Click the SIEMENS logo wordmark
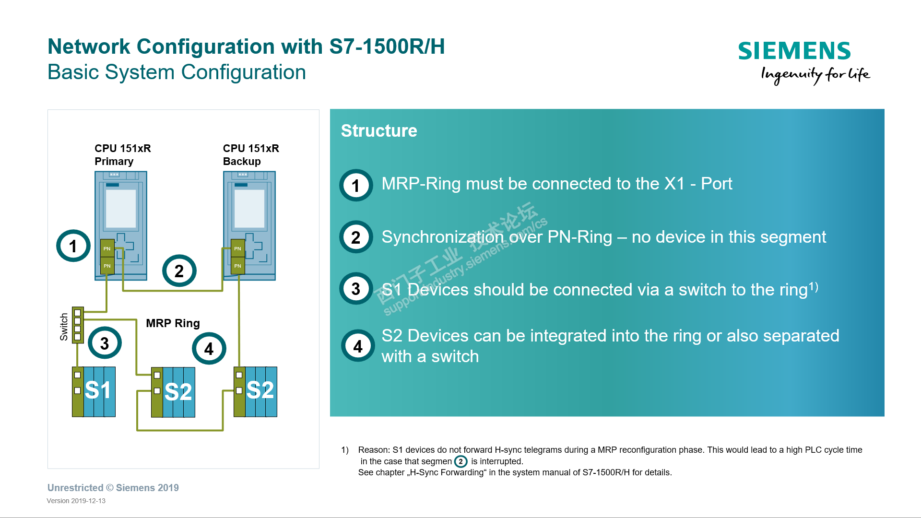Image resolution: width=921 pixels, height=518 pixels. pos(794,51)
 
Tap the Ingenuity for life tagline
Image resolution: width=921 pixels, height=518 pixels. pos(815,74)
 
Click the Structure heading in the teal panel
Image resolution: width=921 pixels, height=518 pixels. pos(378,130)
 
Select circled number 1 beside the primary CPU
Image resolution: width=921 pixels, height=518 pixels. pos(73,246)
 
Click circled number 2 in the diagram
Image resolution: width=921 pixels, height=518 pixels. pos(179,271)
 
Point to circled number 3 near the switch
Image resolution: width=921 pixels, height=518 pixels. pos(105,343)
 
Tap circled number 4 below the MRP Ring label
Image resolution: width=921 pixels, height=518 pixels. pos(209,349)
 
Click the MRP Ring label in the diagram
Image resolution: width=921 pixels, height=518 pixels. pos(173,323)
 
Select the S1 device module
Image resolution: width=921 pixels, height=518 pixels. pos(94,391)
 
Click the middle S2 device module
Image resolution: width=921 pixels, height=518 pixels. pos(173,392)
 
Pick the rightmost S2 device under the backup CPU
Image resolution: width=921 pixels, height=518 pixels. pos(255,391)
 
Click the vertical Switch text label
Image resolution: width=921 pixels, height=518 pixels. pos(64,327)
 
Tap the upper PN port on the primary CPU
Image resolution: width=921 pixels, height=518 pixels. pos(107,248)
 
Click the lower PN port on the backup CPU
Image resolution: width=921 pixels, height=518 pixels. pos(237,266)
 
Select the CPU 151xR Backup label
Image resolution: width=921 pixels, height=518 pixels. pos(250,154)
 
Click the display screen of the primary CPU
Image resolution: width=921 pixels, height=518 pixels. pos(120,208)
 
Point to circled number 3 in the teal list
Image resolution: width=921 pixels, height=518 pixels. pos(355,289)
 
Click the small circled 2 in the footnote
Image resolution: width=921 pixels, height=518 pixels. pos(460,461)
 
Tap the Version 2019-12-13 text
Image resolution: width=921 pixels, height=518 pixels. pos(76,501)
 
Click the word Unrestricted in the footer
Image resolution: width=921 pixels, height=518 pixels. pos(75,488)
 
